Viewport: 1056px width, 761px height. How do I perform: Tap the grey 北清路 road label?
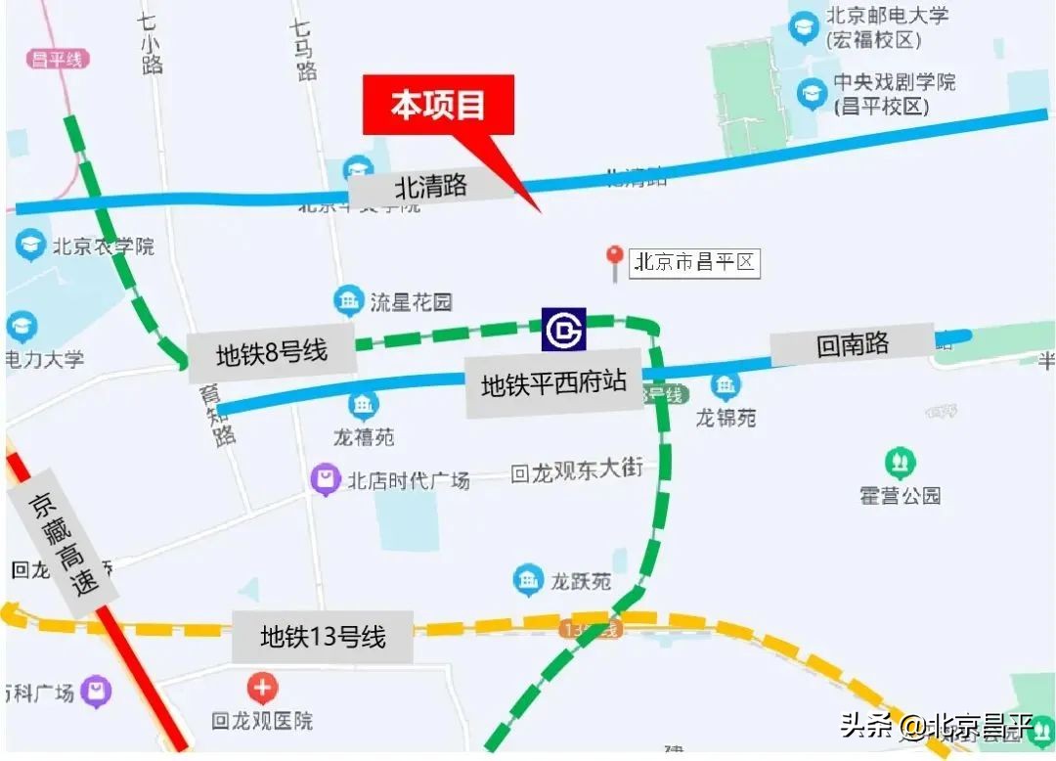click(x=431, y=186)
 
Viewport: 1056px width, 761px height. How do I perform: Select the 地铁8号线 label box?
click(x=271, y=353)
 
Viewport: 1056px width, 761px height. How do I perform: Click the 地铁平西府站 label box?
click(x=553, y=383)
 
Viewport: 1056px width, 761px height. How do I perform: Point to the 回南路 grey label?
click(x=853, y=344)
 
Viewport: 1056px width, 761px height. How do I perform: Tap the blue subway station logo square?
click(x=563, y=330)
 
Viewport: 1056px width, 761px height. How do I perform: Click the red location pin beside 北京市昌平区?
click(x=615, y=259)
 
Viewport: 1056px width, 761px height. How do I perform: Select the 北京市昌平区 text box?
click(x=695, y=262)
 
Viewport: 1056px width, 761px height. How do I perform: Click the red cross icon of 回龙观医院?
click(x=262, y=689)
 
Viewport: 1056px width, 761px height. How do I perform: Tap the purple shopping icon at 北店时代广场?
click(x=325, y=479)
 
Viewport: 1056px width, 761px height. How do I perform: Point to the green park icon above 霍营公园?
click(x=900, y=462)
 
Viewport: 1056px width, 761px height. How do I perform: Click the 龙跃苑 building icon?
click(x=529, y=580)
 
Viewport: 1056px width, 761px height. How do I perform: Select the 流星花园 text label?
click(x=411, y=301)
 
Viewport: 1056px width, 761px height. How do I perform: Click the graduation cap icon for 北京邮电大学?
click(x=805, y=26)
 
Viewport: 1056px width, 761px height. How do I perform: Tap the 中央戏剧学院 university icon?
click(x=812, y=94)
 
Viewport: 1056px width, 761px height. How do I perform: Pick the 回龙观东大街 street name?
click(x=577, y=470)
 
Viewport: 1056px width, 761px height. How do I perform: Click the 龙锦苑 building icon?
click(x=726, y=386)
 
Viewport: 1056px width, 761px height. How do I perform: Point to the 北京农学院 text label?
click(x=104, y=246)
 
